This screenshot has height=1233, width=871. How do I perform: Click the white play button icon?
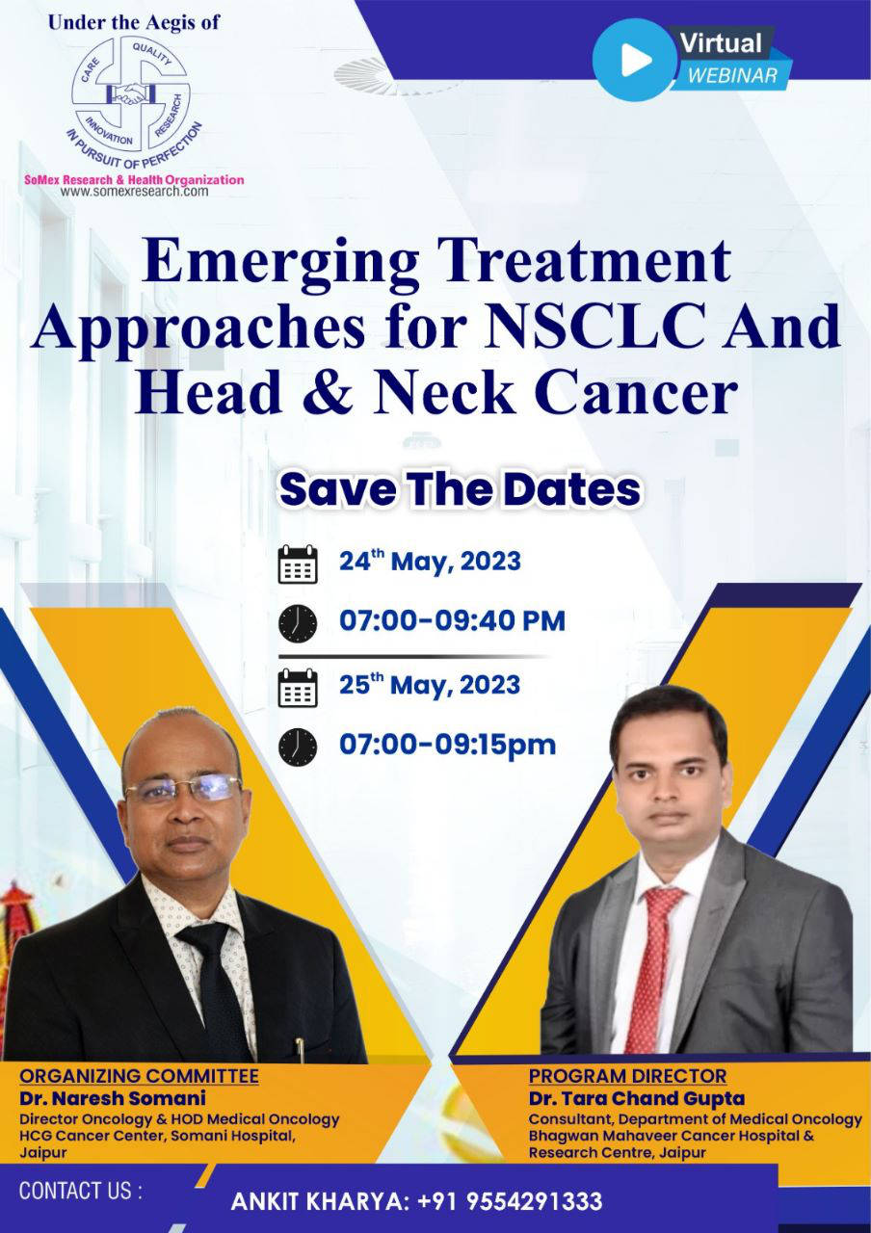(x=635, y=60)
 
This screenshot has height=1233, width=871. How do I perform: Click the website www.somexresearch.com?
(x=134, y=191)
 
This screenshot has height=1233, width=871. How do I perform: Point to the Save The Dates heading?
(x=461, y=489)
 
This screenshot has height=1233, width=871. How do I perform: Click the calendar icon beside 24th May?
(x=298, y=564)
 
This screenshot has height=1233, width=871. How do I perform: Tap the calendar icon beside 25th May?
(x=298, y=688)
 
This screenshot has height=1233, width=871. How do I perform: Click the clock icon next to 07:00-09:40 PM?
(x=298, y=623)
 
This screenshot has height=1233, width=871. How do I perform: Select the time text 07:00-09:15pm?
(x=447, y=745)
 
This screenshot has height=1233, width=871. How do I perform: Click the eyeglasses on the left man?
(x=183, y=788)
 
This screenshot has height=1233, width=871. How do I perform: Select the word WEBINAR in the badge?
(x=732, y=75)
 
